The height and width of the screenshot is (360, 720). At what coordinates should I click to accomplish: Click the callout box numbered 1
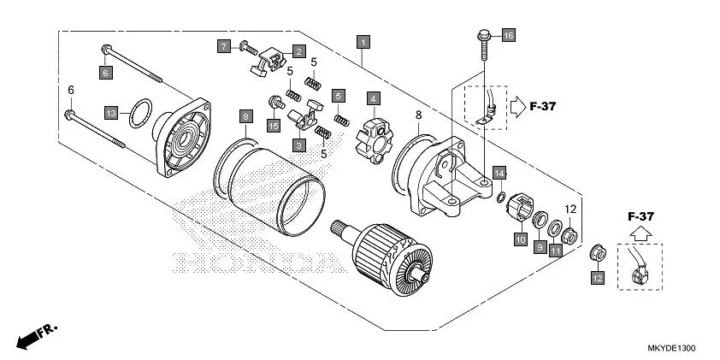point(363,42)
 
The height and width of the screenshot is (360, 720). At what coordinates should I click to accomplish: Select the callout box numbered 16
point(508,35)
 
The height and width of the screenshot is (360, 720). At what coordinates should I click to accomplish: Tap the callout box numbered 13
point(111,113)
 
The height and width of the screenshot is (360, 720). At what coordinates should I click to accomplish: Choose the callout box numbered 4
point(374,99)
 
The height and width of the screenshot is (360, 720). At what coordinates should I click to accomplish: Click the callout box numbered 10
point(520,240)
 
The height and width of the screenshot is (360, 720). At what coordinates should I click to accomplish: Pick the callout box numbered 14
point(499,174)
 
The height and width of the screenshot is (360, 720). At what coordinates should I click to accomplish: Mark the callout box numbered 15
point(274,126)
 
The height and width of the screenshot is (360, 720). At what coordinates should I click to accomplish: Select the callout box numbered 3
point(299,145)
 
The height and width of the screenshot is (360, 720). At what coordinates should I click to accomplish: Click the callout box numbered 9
point(540,246)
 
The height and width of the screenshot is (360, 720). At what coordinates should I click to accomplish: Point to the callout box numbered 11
point(556,251)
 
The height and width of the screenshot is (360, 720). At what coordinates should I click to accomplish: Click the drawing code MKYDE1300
point(671,350)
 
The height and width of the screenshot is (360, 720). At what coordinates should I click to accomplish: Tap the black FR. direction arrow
point(31,336)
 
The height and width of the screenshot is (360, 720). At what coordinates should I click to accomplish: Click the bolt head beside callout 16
point(482,35)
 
